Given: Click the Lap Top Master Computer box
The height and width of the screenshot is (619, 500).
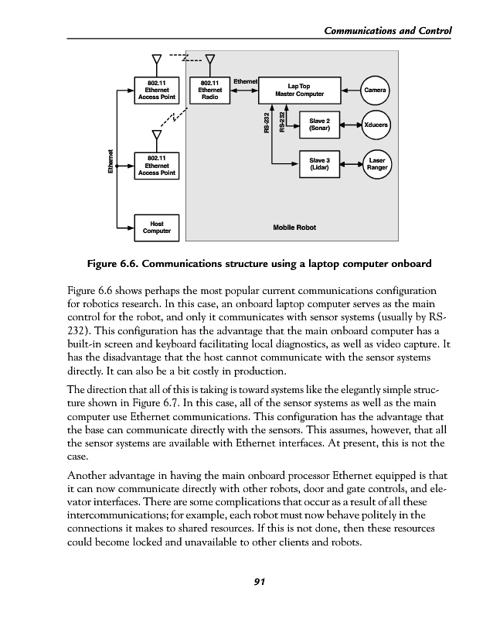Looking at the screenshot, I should pos(298,90).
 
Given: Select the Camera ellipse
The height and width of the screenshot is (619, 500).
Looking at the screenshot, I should pos(375,91).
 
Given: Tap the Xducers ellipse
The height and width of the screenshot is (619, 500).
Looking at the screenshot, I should pos(376,125).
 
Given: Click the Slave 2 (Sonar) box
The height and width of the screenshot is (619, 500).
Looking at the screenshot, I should pos(319,125).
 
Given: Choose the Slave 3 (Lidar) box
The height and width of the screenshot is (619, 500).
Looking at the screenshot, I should pos(319,163).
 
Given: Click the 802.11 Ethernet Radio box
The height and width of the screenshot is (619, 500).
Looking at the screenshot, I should pos(209,90).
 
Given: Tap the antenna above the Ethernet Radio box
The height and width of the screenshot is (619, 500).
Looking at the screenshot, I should pos(209,60).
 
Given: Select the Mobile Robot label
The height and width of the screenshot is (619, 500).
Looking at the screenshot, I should pos(294,228).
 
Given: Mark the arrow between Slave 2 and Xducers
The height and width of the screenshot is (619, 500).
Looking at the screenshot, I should pos(350,125).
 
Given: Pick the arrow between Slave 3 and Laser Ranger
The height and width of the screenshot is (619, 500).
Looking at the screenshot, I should pos(350,163).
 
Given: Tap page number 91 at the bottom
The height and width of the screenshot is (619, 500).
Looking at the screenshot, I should pos(250,583).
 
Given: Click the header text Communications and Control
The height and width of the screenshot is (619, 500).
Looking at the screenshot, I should pos(384,31).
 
